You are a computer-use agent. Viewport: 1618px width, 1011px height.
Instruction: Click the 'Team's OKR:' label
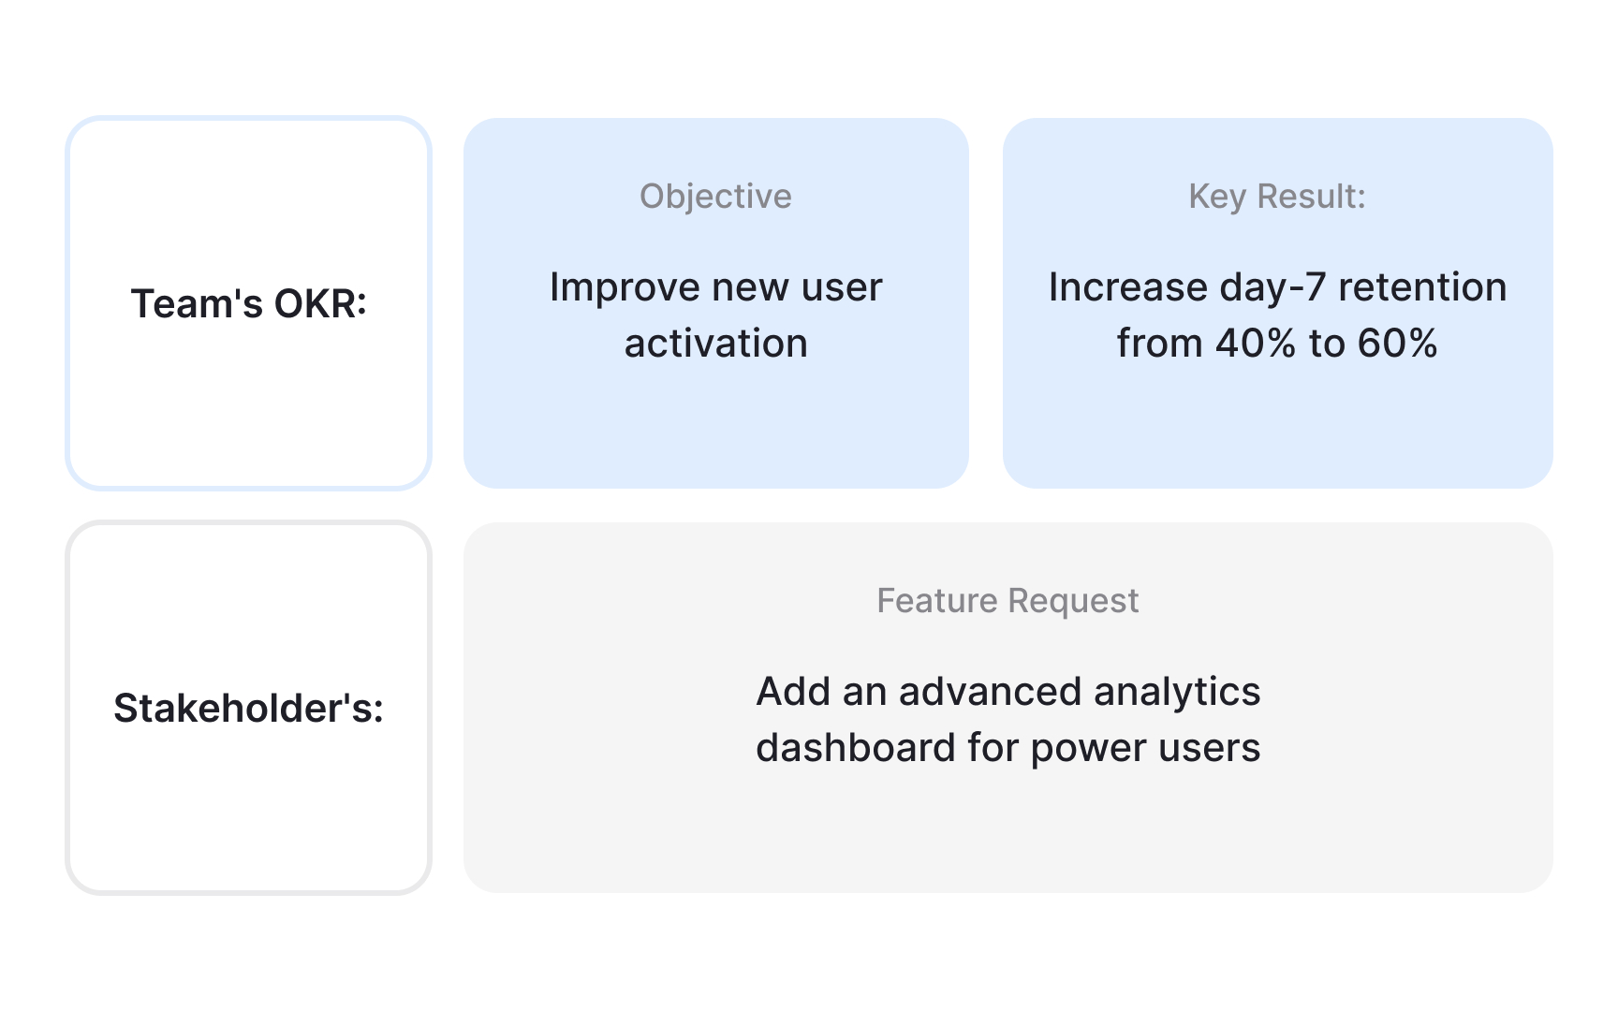[x=248, y=304]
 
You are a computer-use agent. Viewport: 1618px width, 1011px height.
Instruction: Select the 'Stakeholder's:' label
[x=248, y=709]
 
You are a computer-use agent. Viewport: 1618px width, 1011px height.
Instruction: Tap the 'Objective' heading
[x=715, y=197]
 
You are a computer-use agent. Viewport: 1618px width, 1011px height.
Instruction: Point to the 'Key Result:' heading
[x=1277, y=197]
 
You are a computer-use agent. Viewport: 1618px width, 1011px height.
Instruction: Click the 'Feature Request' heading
[x=1008, y=601]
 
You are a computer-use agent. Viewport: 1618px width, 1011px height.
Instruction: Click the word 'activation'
[x=715, y=344]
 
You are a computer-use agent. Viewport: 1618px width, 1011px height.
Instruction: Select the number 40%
[x=1256, y=344]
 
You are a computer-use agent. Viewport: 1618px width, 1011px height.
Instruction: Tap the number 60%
[x=1398, y=344]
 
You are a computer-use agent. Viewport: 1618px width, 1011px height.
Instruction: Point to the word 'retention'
[x=1422, y=287]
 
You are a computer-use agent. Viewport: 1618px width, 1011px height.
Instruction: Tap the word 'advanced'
[x=990, y=692]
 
